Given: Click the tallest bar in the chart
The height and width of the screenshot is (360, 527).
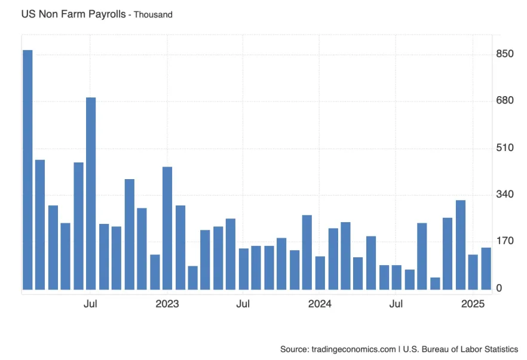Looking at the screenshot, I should click(27, 170).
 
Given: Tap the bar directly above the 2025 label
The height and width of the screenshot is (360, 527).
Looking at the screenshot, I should click(473, 272).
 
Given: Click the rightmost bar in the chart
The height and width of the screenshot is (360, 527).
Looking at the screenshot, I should click(486, 269).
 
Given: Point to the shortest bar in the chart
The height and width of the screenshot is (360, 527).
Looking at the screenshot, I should click(435, 284).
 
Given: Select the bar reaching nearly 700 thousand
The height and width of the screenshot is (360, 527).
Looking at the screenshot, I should click(91, 194).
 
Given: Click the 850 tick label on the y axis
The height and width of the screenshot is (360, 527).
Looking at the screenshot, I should click(505, 54).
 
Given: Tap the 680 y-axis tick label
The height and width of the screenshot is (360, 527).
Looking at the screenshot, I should click(505, 101).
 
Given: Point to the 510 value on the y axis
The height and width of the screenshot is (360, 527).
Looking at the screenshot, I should click(505, 147).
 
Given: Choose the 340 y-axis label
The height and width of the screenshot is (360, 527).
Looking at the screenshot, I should click(505, 195).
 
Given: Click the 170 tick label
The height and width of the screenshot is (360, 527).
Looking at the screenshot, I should click(505, 242).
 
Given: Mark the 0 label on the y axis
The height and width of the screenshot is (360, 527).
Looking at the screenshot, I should click(499, 289).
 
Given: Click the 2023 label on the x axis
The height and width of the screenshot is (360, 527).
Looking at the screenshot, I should click(167, 304).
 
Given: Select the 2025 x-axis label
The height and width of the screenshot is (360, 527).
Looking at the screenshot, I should click(473, 304).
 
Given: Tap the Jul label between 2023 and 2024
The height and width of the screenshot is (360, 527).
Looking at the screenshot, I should click(243, 304).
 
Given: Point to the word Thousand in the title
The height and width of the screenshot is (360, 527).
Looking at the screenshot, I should click(153, 14).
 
